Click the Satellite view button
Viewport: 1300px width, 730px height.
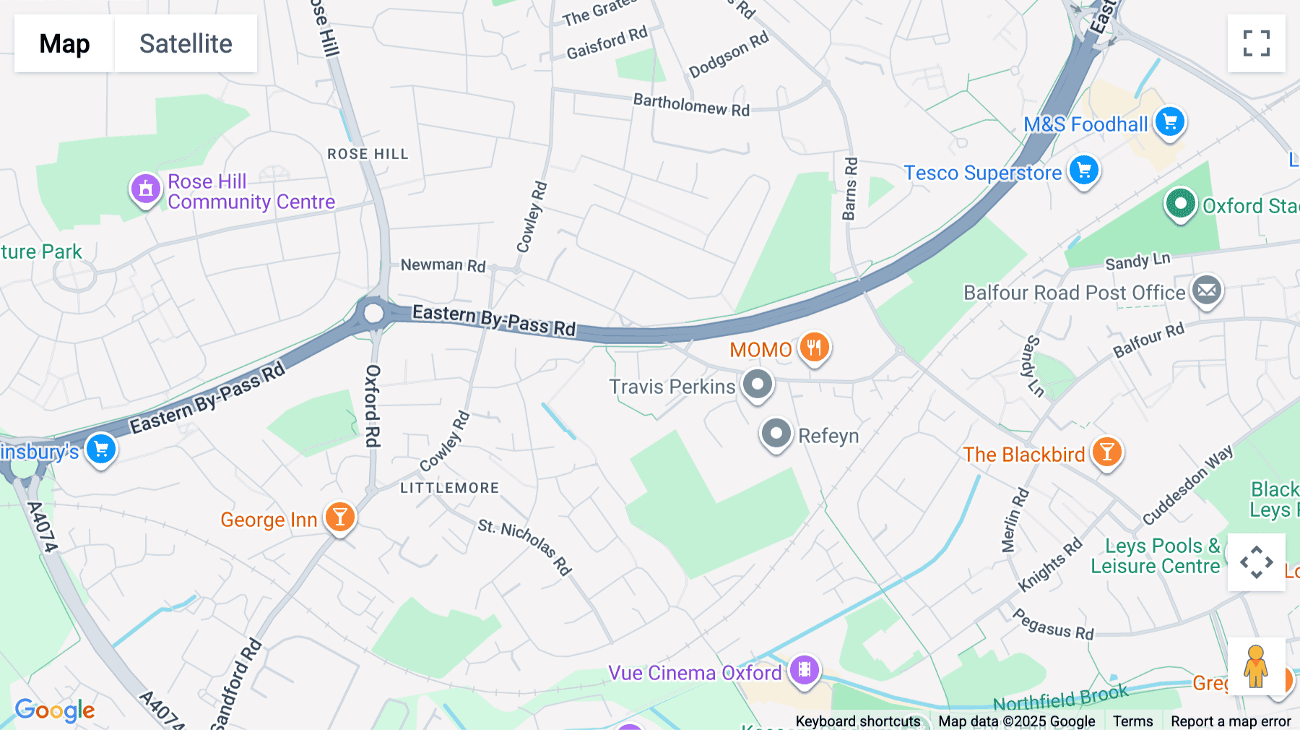coord(186,43)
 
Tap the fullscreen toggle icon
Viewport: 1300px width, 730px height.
coord(1256,43)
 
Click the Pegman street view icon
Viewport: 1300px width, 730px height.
coord(1256,666)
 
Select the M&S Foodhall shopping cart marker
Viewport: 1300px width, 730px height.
coord(1170,121)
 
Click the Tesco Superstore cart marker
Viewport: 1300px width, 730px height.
coord(1084,171)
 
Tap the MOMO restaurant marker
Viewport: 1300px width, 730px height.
coord(814,348)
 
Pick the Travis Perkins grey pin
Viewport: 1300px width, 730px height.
coord(758,384)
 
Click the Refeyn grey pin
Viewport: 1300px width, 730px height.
coord(776,434)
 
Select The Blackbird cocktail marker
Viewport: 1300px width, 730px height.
coord(1106,452)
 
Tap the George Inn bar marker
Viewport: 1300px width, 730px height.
coord(339,518)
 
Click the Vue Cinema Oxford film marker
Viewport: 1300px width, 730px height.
coord(804,670)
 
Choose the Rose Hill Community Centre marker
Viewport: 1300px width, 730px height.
coord(145,189)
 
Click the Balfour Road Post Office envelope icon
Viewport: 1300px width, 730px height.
coord(1206,291)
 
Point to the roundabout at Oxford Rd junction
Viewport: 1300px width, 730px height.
coord(373,314)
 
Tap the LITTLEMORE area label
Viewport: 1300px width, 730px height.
coord(449,488)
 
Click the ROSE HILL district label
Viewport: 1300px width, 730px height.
coord(368,154)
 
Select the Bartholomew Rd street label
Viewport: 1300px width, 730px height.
coord(691,105)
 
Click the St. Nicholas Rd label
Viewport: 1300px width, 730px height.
coord(525,547)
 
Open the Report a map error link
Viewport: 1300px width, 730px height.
coord(1230,721)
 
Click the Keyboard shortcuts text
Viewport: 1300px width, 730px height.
coord(857,721)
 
